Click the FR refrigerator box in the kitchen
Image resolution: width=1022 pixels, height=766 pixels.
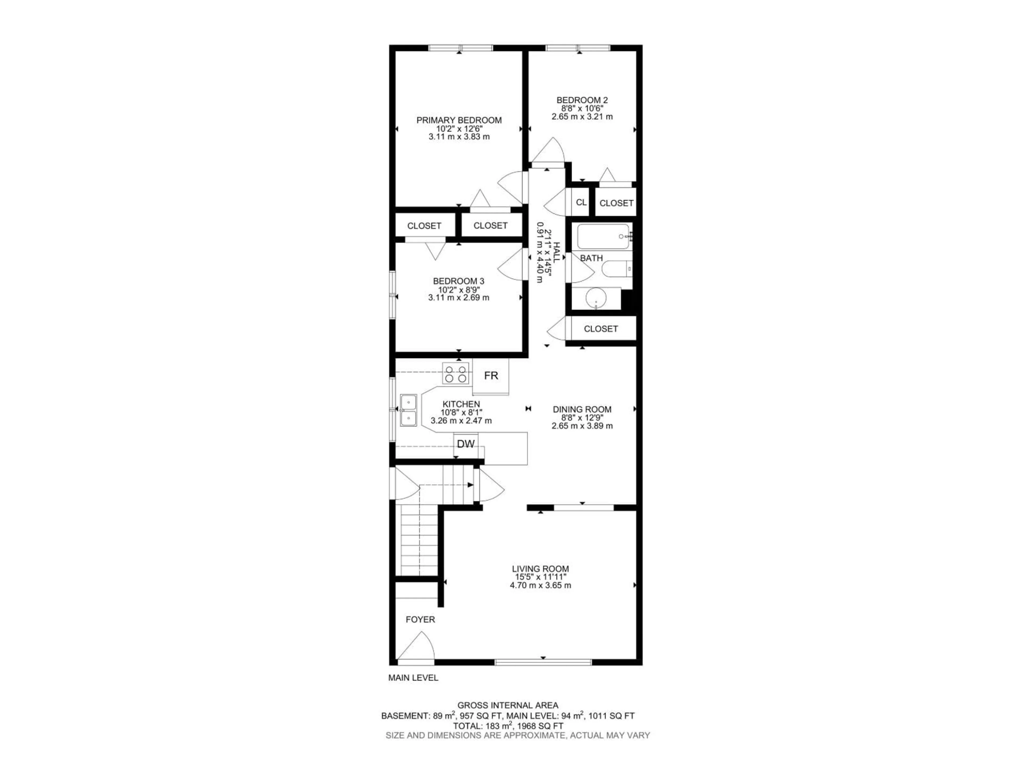[491, 376]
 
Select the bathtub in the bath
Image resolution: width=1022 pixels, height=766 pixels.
[603, 236]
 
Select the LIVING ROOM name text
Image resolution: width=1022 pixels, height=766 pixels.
[540, 569]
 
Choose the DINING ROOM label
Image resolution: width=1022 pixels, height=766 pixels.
[582, 409]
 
